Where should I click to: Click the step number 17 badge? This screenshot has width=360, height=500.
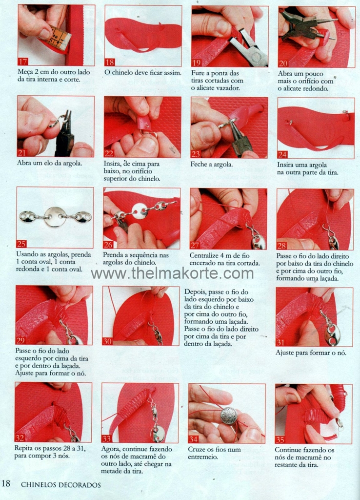pyautogui.click(x=23, y=62)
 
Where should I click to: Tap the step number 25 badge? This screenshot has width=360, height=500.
pyautogui.click(x=21, y=244)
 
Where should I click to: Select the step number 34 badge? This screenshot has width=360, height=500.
pyautogui.click(x=193, y=439)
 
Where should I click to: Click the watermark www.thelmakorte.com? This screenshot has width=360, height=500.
pyautogui.click(x=172, y=273)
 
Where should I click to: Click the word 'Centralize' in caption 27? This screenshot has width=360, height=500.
pyautogui.click(x=203, y=255)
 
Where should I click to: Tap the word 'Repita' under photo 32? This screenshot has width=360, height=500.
pyautogui.click(x=23, y=448)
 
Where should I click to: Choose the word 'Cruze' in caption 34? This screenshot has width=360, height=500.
pyautogui.click(x=197, y=449)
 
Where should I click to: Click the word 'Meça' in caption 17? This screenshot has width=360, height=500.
pyautogui.click(x=25, y=72)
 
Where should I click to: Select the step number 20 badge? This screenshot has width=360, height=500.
pyautogui.click(x=283, y=63)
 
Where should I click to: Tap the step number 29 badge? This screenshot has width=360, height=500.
pyautogui.click(x=20, y=340)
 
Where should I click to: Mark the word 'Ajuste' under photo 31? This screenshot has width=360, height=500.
pyautogui.click(x=284, y=353)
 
